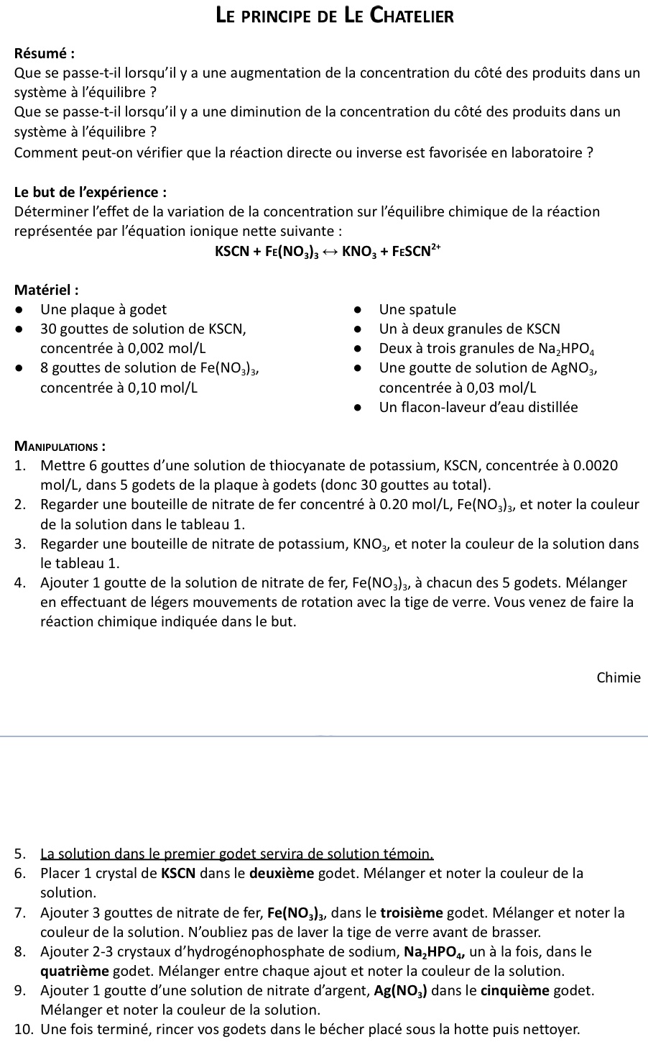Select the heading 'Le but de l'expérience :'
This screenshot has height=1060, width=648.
[91, 192]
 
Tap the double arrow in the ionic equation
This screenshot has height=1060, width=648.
[328, 251]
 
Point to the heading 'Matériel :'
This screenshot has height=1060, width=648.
[47, 291]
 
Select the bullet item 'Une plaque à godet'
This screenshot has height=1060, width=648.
[103, 310]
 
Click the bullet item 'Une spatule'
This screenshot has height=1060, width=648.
[417, 310]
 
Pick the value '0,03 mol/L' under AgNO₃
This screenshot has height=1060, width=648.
[501, 388]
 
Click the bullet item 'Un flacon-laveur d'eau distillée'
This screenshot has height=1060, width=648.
[478, 408]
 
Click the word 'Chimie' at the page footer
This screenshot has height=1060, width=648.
[618, 677]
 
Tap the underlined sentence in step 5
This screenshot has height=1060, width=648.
[238, 854]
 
